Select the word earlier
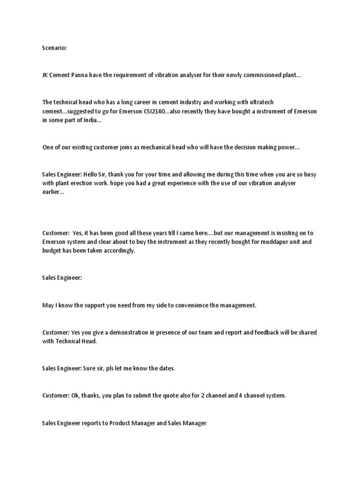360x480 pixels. [52, 192]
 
